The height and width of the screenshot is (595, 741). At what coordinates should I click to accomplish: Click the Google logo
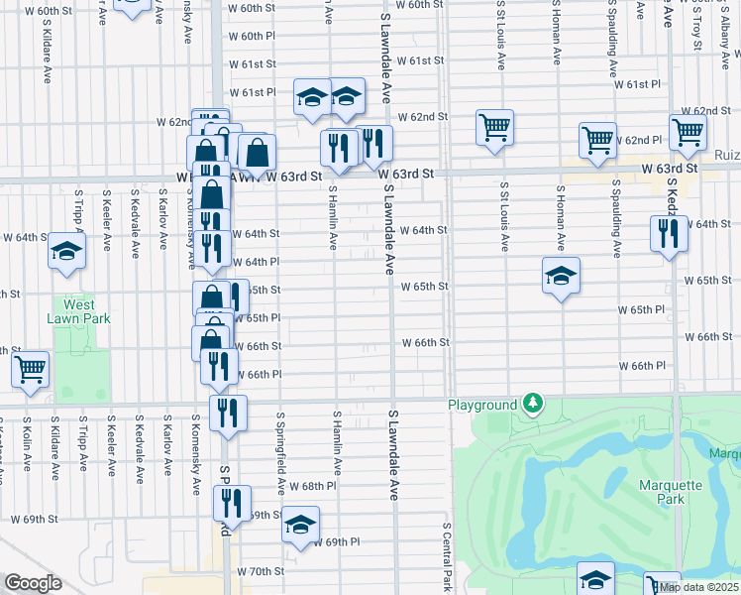pos(33,583)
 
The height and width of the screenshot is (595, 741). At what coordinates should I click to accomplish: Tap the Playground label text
pos(482,406)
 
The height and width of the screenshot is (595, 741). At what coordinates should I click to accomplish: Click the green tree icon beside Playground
pos(534,403)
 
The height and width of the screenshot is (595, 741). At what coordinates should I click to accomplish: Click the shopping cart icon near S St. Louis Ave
pos(493,128)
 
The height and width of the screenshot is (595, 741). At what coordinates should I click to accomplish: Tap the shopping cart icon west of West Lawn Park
pos(31,369)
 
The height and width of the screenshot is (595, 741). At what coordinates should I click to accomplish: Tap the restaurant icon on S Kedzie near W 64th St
pos(669,234)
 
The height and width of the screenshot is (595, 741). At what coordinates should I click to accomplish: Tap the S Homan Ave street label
pos(561,216)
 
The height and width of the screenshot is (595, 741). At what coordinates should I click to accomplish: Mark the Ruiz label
pos(726,155)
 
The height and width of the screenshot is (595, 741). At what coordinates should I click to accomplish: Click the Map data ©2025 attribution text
pos(699,587)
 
